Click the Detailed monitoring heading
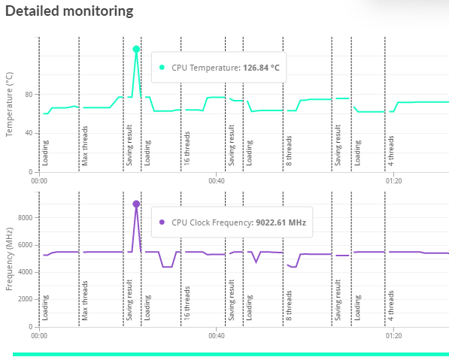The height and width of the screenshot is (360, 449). (x=69, y=11)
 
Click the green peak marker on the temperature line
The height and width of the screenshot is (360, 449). (x=136, y=49)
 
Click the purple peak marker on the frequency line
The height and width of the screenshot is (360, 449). (x=136, y=204)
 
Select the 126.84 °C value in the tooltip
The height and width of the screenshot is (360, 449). (x=261, y=68)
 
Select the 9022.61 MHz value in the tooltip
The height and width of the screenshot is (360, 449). (x=281, y=222)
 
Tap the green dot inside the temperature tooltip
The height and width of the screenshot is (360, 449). (x=162, y=68)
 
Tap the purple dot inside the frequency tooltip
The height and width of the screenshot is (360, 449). (x=162, y=222)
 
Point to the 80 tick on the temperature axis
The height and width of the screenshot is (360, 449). (x=29, y=95)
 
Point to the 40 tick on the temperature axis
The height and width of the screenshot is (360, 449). (x=29, y=133)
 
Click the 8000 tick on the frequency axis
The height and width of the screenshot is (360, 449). (x=26, y=218)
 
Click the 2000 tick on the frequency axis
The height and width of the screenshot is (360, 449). (x=26, y=299)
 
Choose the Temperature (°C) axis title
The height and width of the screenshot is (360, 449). (x=9, y=104)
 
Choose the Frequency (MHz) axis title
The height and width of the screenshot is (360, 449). (x=9, y=259)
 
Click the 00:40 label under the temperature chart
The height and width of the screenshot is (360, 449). (x=217, y=181)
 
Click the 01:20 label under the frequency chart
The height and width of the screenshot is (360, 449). (x=394, y=335)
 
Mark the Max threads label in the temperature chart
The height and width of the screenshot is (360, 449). (x=85, y=146)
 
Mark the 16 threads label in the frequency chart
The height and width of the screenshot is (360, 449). (x=187, y=303)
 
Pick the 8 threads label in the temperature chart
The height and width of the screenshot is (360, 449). (x=289, y=150)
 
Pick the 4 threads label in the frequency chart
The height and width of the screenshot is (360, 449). (x=391, y=305)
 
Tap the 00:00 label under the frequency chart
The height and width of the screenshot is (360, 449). (x=39, y=335)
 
